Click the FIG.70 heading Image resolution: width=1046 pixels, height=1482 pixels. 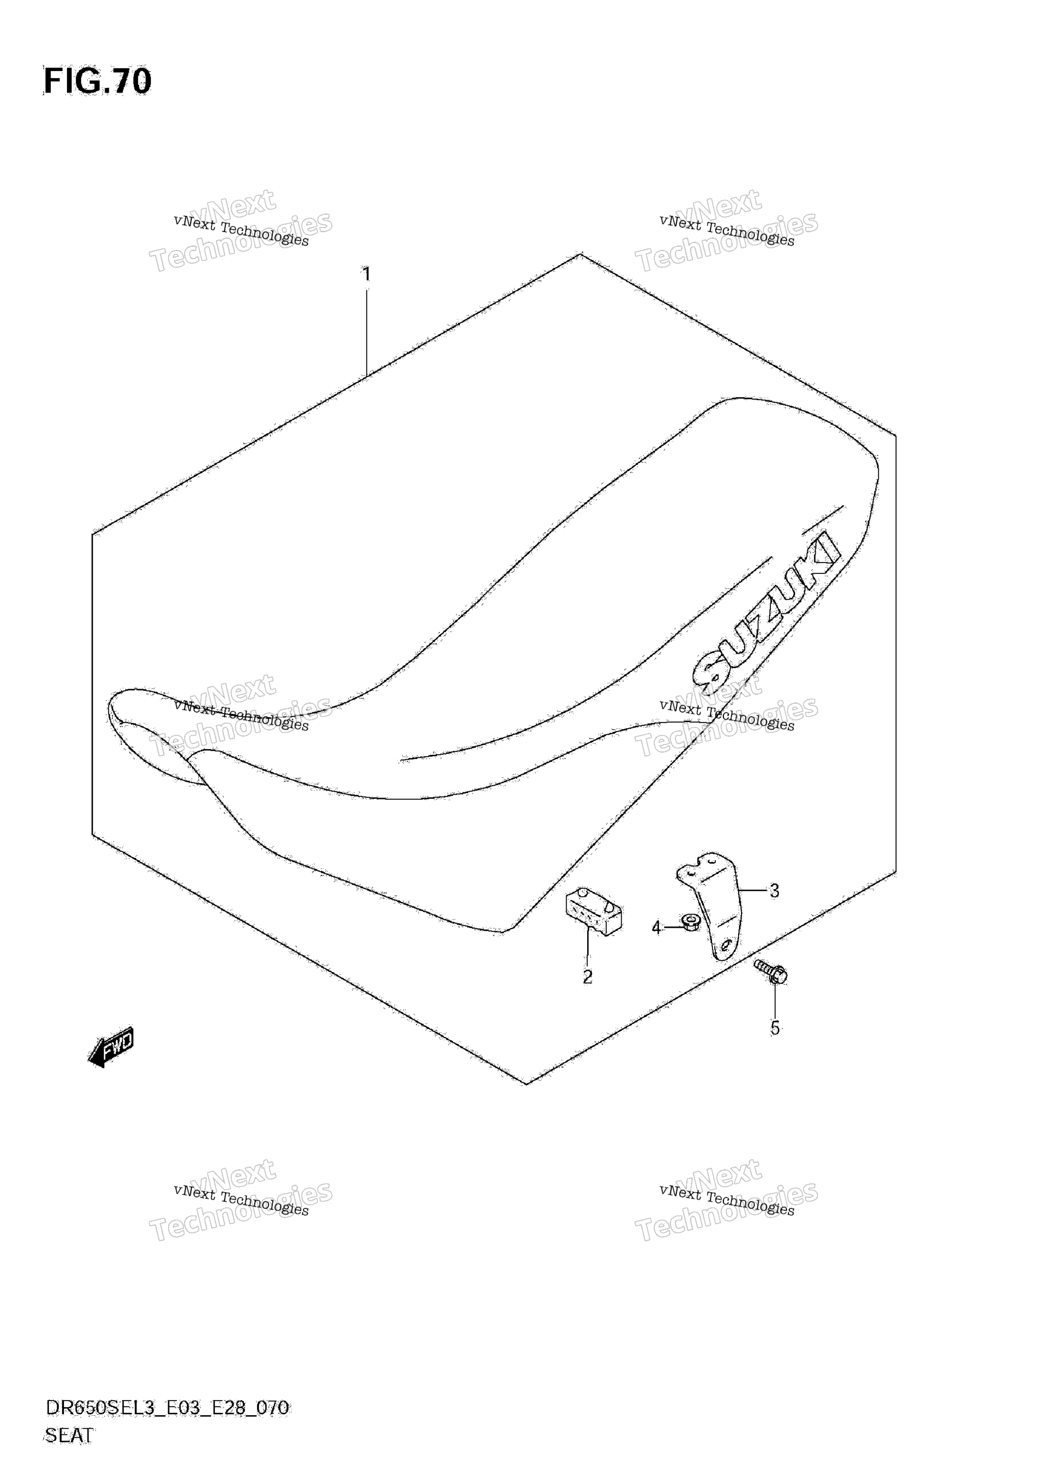[97, 82]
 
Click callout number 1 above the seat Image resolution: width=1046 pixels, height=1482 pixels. [366, 275]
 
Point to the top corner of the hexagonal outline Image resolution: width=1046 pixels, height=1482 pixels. [581, 253]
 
